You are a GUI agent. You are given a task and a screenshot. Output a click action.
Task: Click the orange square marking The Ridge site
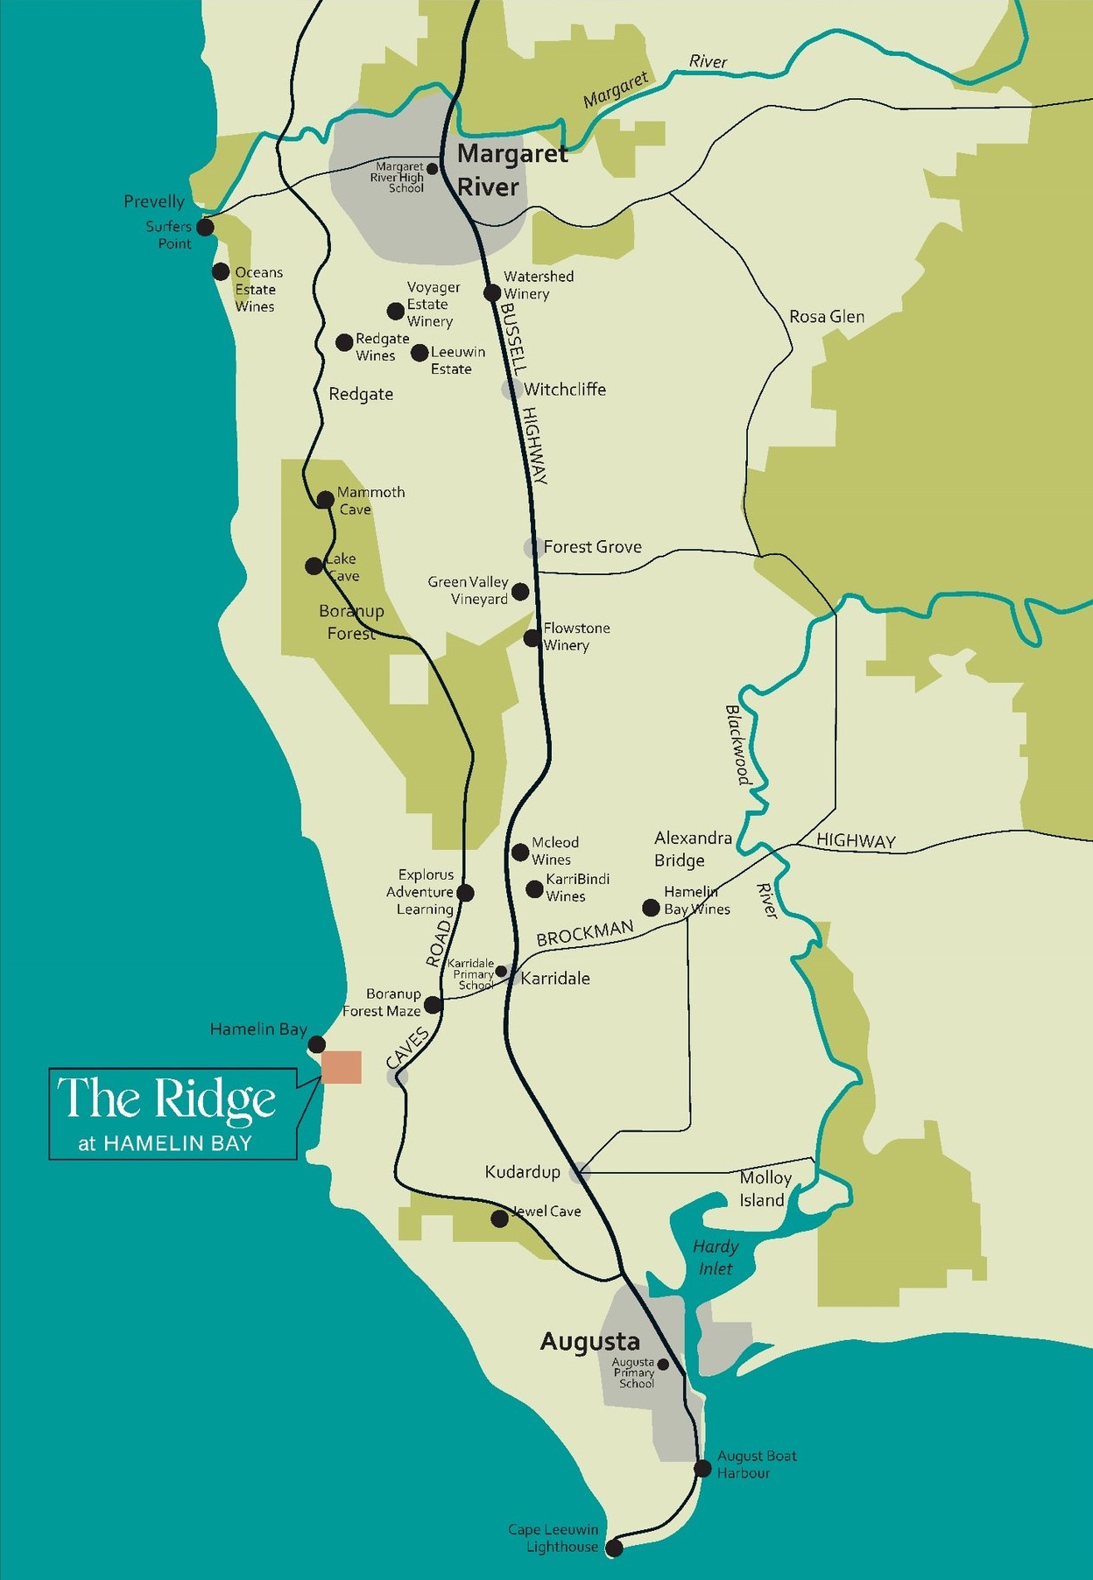click(x=342, y=1067)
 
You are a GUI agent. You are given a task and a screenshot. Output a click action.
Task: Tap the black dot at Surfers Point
click(x=205, y=228)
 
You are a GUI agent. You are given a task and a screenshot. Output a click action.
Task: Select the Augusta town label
click(x=589, y=1341)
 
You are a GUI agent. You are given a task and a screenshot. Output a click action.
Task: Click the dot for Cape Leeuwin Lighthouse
click(x=615, y=1548)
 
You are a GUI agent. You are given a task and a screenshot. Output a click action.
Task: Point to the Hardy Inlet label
click(x=716, y=1257)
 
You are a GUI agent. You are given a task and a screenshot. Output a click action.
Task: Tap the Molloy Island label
click(x=764, y=1189)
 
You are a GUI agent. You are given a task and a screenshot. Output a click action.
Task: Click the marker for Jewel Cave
click(x=499, y=1218)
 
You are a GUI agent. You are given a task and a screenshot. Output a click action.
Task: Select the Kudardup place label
click(x=522, y=1172)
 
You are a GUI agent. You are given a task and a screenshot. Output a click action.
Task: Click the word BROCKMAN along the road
click(x=584, y=933)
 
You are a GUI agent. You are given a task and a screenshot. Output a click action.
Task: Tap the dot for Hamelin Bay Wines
click(x=651, y=908)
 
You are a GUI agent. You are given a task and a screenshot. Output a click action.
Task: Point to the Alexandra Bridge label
click(x=692, y=849)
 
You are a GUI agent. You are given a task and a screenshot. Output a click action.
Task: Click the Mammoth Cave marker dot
click(x=325, y=500)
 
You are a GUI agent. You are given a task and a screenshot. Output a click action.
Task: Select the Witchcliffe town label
click(x=564, y=390)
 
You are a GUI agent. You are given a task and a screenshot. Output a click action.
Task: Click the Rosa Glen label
click(x=826, y=317)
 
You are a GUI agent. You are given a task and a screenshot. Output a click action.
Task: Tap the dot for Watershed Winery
click(x=492, y=292)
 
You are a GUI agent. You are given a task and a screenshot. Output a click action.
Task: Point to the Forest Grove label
click(x=592, y=547)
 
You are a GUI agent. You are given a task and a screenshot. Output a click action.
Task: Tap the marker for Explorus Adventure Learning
click(x=466, y=893)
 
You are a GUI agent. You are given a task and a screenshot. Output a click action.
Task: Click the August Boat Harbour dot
click(x=702, y=1469)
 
